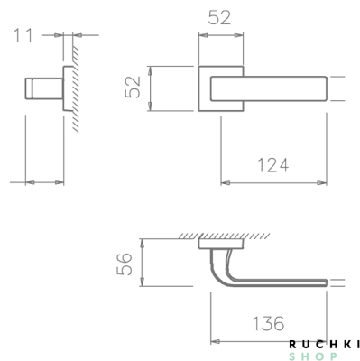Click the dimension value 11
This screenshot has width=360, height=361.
pos(25,36)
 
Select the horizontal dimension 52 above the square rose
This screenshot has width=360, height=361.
pos(220,18)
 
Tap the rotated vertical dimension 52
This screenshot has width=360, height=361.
pos(133,88)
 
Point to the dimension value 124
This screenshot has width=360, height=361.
pos(272,165)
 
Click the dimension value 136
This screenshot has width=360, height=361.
pos(267,321)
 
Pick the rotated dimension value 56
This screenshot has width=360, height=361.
pos(126,264)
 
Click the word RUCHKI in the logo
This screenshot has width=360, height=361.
pos(325,344)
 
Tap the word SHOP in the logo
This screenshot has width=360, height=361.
pos(325,356)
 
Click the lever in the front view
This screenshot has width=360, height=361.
pos(271,88)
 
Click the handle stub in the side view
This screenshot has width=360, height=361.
pos(42,88)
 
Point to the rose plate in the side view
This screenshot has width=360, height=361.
pos(66,88)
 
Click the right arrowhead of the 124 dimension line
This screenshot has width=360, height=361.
pos(327,183)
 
